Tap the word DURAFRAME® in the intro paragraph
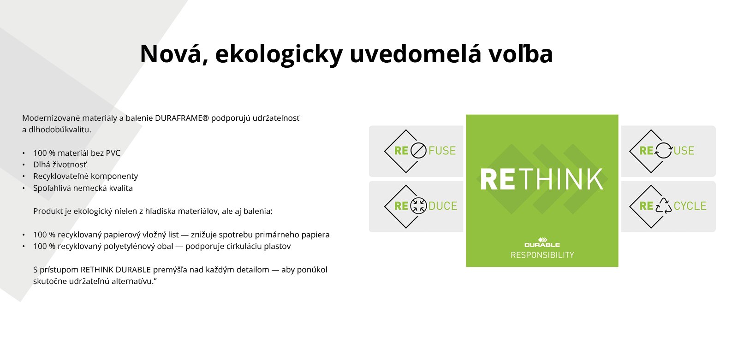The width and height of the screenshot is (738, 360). tap(182, 118)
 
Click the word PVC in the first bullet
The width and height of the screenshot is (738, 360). tap(113, 153)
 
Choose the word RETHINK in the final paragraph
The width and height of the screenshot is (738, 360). tap(97, 270)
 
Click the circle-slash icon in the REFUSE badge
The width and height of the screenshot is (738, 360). tap(418, 151)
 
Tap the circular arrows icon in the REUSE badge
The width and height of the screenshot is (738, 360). tap(664, 151)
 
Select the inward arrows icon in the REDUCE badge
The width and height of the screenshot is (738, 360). tap(418, 206)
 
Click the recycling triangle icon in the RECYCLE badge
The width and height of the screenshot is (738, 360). tap(664, 206)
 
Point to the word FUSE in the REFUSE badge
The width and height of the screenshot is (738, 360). tap(442, 151)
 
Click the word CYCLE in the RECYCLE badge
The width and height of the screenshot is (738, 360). tap(690, 206)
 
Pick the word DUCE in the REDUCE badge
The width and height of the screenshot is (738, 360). tap(443, 206)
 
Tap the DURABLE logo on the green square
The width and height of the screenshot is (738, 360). tap(542, 242)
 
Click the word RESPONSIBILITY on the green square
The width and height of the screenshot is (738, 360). tap(542, 255)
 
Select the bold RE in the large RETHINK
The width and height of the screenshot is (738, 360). tap(498, 179)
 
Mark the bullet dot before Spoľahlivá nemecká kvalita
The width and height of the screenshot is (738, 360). tap(24, 189)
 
